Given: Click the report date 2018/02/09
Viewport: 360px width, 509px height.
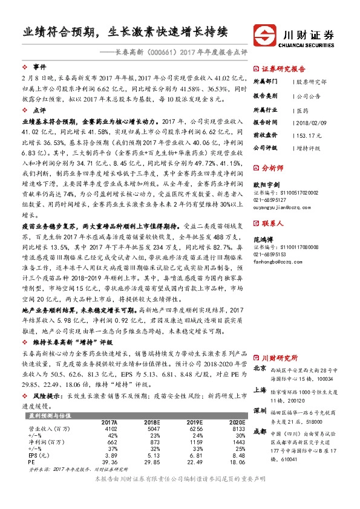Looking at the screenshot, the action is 310,122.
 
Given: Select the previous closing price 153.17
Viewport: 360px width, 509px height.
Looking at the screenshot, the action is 307,134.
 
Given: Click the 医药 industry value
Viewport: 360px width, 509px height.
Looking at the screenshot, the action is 301,109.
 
